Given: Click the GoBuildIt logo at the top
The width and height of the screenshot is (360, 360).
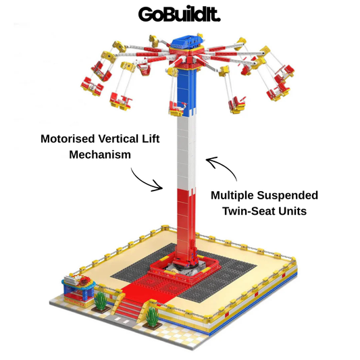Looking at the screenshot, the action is coord(179,14).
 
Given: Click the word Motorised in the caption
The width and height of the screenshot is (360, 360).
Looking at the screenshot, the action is coord(68,139).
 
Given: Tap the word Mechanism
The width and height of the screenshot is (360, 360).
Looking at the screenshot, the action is coord(100,155).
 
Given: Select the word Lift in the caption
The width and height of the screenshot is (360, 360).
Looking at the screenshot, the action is coord(151,139).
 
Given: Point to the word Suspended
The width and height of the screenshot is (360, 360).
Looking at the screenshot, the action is coord(288,196).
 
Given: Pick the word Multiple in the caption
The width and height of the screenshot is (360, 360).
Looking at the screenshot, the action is coord(232,196).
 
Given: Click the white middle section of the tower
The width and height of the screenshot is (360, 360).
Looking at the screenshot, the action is coord(186,153).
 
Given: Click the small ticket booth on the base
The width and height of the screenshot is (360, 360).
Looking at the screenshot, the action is coord(78,290).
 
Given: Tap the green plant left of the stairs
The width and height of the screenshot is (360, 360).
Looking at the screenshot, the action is coord(101,301).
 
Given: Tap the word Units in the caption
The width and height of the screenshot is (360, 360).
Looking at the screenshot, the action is coord(292,211).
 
